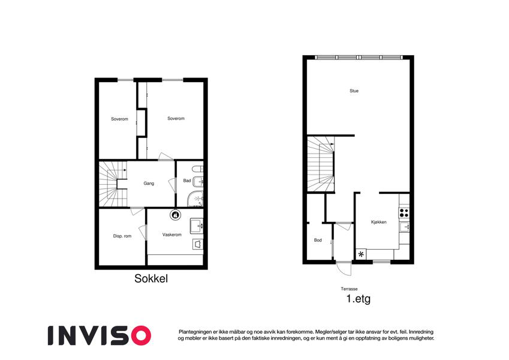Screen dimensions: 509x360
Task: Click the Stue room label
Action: pos(354,91)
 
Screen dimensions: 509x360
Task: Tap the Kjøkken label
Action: pos(378,222)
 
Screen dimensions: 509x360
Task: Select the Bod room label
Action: pos(318,240)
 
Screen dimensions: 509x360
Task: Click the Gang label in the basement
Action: pos(149,184)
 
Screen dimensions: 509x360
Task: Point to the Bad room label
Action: pos(187,181)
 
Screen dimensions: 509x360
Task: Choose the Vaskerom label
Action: pos(171,235)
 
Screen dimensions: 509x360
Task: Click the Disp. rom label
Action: pos(122,236)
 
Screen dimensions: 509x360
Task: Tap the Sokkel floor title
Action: pos(151,278)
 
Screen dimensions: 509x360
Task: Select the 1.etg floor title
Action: pos(359,299)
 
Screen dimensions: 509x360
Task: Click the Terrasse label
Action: pos(349,289)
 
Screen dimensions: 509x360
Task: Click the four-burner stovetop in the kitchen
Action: pos(404,213)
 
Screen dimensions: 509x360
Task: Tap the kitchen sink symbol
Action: pos(404,227)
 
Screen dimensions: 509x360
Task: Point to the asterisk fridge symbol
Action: pos(361,254)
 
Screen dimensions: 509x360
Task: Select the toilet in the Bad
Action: pos(197,169)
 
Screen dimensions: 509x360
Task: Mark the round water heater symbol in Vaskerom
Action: pos(175,215)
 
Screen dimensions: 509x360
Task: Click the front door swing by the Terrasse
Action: pos(344,268)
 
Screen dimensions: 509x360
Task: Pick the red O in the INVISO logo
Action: pos(138,335)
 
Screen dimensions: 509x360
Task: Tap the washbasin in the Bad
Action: pos(198,181)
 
